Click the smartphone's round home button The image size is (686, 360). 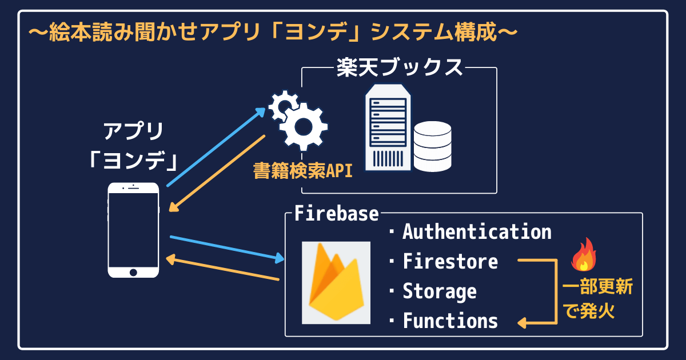133,271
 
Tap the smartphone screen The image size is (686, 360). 133,229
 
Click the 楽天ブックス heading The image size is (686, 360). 399,67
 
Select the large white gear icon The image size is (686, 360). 303,127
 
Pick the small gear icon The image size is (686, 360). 282,105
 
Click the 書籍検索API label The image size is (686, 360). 302,171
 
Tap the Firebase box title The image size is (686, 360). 336,214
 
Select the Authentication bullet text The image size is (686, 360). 477,232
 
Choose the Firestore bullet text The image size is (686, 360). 450,262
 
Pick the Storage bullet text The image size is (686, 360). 439,291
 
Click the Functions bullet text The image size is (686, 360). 450,321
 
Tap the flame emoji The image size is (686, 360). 584,255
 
